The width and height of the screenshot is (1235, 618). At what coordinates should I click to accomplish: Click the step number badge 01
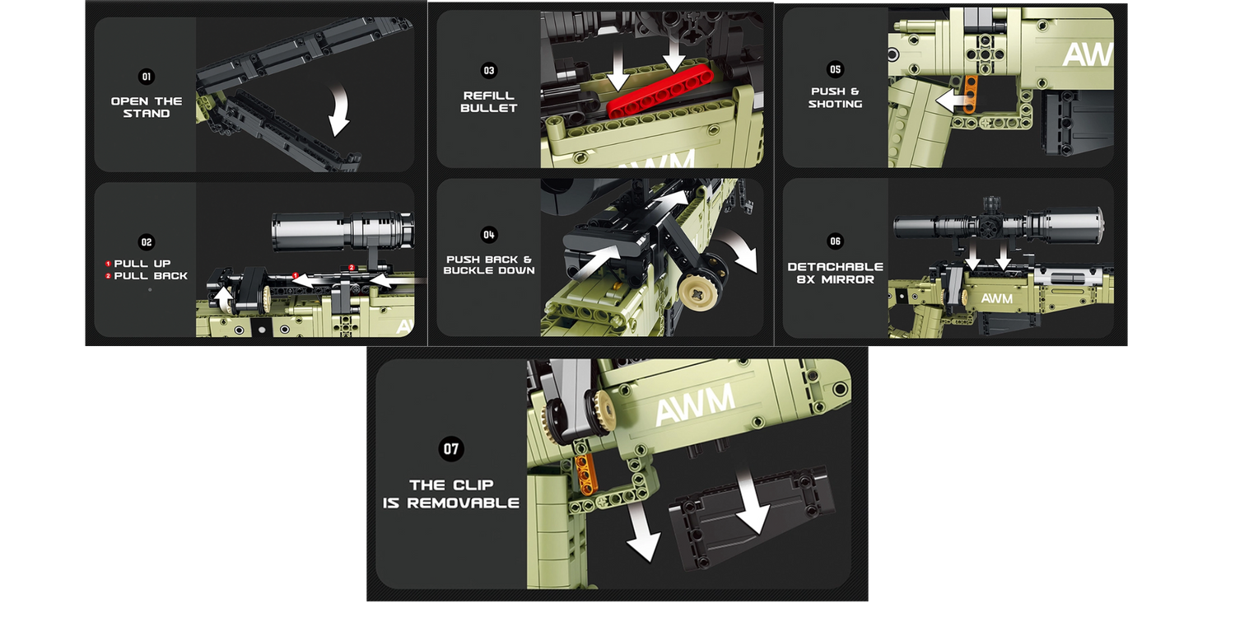click(146, 77)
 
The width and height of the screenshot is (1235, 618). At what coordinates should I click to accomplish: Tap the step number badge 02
click(146, 242)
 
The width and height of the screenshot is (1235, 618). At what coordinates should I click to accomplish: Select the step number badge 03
click(489, 71)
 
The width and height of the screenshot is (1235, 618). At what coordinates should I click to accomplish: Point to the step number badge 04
click(489, 235)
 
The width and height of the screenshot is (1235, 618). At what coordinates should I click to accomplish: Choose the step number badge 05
click(836, 69)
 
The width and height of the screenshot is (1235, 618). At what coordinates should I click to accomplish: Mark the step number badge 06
click(836, 241)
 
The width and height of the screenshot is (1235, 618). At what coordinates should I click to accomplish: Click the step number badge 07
click(451, 448)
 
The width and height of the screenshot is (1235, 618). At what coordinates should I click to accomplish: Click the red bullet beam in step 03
click(660, 91)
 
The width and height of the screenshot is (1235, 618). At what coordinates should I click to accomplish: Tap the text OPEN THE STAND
click(147, 108)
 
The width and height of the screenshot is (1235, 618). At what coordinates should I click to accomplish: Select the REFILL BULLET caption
click(489, 102)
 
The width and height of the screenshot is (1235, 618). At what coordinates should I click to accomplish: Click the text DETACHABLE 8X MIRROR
click(836, 273)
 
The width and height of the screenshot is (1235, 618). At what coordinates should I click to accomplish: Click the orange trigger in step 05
click(971, 95)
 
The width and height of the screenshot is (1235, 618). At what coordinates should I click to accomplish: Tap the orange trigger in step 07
click(585, 474)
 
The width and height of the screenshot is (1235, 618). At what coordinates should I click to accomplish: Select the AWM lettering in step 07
click(695, 405)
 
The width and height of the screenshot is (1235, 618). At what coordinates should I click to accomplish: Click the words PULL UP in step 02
click(142, 264)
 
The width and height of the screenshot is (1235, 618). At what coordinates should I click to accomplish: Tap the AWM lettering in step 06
click(997, 298)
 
